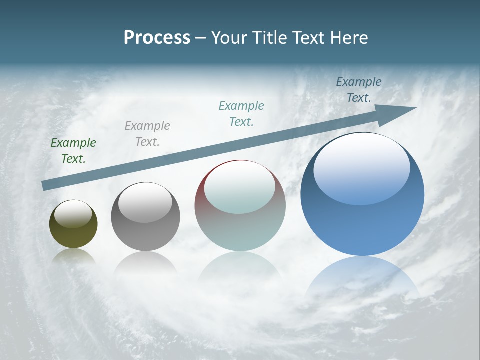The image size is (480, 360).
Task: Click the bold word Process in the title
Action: click(157, 37)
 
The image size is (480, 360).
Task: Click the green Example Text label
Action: click(73, 151)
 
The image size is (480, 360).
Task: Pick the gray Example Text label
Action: click(147, 134)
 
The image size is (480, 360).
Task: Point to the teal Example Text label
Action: click(241, 113)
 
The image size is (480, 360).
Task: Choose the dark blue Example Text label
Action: click(358, 90)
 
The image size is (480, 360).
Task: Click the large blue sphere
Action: click(362, 220)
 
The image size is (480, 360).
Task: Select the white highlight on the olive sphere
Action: click(73, 213)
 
